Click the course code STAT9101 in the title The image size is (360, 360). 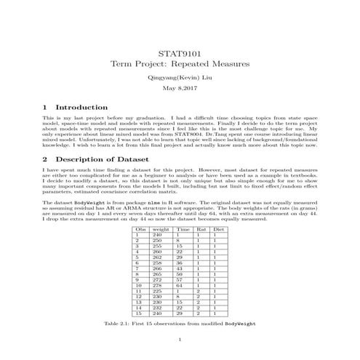[179, 53]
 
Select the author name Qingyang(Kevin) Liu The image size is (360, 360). [179, 76]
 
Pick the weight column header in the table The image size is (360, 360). [161, 229]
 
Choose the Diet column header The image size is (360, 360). [219, 229]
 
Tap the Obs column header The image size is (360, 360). [141, 229]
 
